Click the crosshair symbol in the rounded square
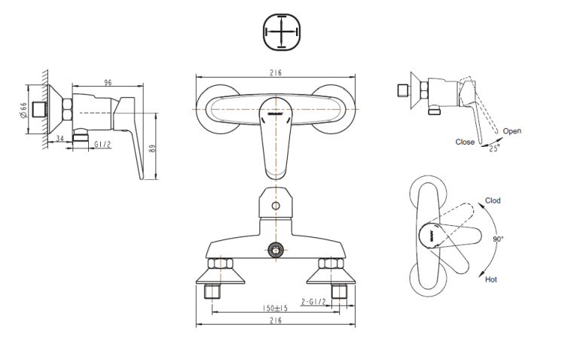[x=281, y=32]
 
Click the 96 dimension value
[x=108, y=83]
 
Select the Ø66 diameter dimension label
[x=23, y=110]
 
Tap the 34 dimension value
[x=60, y=139]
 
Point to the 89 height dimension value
[x=152, y=149]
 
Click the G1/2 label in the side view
[x=102, y=145]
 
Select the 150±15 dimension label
[x=275, y=308]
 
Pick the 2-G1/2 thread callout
[x=313, y=301]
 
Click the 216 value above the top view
[x=276, y=73]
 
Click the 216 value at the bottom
[x=276, y=321]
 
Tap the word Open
[x=511, y=131]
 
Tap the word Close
[x=465, y=142]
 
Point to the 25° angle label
[x=494, y=148]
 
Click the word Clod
[x=493, y=200]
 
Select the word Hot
[x=491, y=279]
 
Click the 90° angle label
[x=498, y=239]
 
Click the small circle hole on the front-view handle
[x=276, y=206]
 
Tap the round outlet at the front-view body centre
[x=276, y=250]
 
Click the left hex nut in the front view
[x=221, y=263]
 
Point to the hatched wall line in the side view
[x=44, y=109]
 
